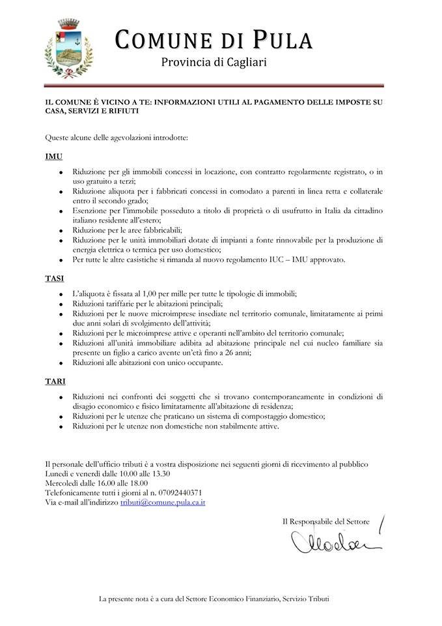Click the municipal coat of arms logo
pyautogui.click(x=68, y=48)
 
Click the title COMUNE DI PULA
pyautogui.click(x=214, y=40)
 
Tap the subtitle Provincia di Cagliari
pyautogui.click(x=214, y=63)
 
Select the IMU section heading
pyautogui.click(x=53, y=157)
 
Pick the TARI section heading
pyautogui.click(x=55, y=381)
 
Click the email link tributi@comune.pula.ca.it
pyautogui.click(x=163, y=502)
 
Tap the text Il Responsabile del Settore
pyautogui.click(x=325, y=521)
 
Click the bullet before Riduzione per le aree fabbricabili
pyautogui.click(x=61, y=230)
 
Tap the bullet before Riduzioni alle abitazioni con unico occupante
pyautogui.click(x=61, y=363)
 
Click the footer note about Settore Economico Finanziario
pyautogui.click(x=214, y=598)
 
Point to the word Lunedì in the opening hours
pyautogui.click(x=57, y=473)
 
